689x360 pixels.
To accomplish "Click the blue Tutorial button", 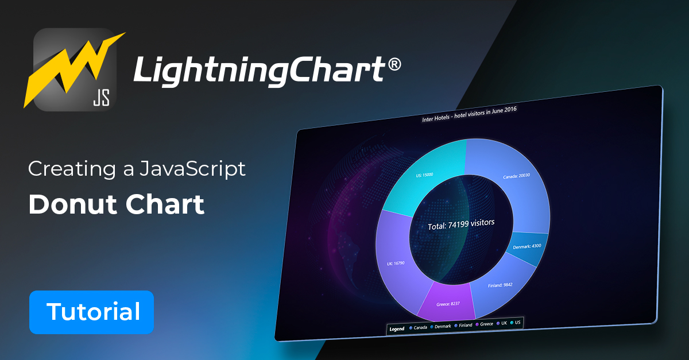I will [x=92, y=312].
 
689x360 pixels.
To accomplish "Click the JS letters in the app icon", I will [x=102, y=98].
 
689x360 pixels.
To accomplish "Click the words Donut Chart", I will [x=117, y=205].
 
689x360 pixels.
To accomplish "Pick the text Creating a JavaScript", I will [x=137, y=169].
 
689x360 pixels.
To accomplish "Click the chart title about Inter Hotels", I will [x=469, y=114].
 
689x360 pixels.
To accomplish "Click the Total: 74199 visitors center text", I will [x=460, y=224].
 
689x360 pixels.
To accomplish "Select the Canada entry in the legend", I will [x=419, y=328].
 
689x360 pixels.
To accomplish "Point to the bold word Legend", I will [x=397, y=329].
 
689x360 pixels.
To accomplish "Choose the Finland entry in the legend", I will [x=462, y=326].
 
